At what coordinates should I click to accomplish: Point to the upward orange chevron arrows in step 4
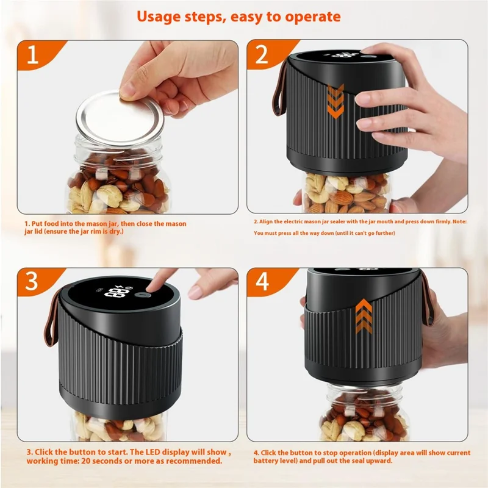(364, 315)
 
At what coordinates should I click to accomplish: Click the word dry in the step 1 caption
(120, 232)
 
